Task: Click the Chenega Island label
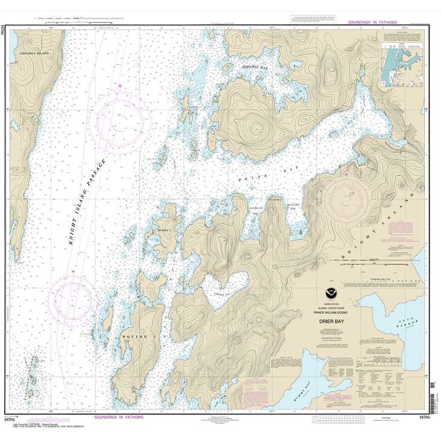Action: (35, 54)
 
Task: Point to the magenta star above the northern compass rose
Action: (120, 86)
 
